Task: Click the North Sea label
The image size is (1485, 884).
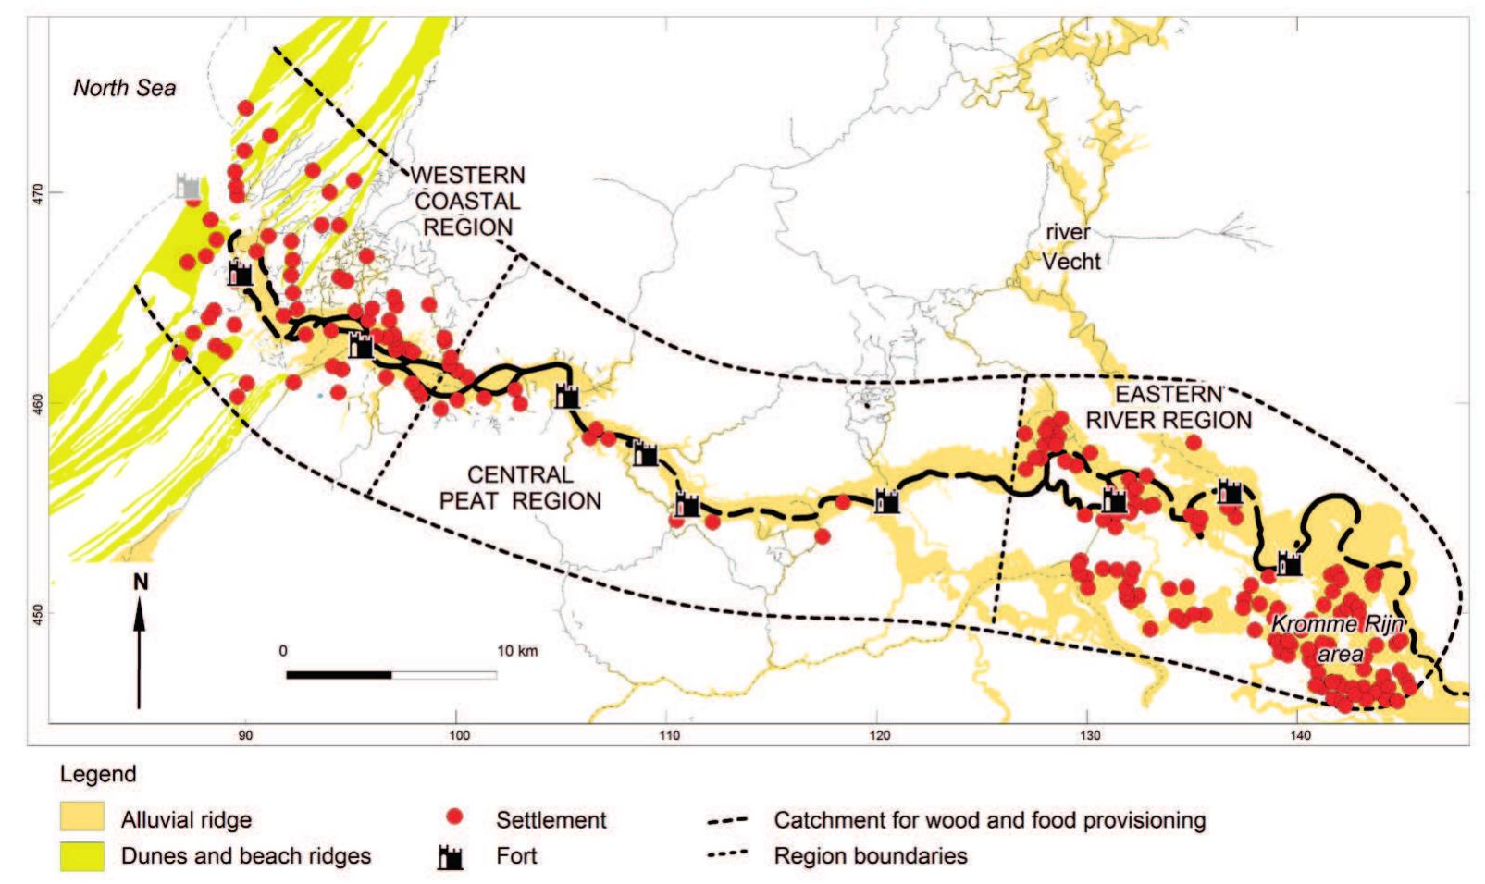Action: [x=124, y=88]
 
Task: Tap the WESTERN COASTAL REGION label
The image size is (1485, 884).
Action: [x=467, y=201]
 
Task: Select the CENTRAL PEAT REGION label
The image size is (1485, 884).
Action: [x=520, y=487]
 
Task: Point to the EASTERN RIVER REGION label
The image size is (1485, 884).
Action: [x=1169, y=407]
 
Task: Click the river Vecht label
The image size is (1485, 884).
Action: [x=1070, y=247]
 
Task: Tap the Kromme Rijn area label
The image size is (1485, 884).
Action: [x=1338, y=639]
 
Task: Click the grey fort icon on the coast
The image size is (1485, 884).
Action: [x=189, y=186]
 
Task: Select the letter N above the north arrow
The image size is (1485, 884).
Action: [x=141, y=582]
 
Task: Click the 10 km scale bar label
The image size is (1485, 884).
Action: [x=517, y=651]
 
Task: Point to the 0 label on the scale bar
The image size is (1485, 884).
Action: [x=283, y=651]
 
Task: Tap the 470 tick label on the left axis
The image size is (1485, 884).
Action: [x=37, y=192]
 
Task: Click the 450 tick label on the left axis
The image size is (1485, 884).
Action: [x=37, y=612]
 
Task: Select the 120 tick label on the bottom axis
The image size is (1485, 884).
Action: [x=880, y=736]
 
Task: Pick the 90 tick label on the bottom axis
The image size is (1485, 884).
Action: [x=245, y=736]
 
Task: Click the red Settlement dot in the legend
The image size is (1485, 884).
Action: [x=454, y=817]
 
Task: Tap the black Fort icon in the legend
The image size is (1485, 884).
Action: [x=451, y=857]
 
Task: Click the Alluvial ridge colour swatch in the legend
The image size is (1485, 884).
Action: [x=81, y=817]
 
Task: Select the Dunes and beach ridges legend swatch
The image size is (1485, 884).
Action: [x=81, y=857]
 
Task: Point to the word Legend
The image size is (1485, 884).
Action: [x=98, y=774]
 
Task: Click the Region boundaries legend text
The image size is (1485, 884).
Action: [x=871, y=856]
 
